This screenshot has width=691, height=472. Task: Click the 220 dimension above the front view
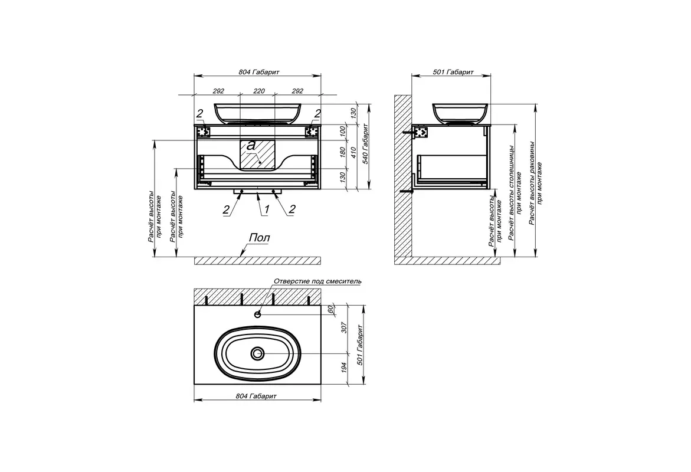(259, 91)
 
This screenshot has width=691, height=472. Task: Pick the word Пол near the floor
(259, 238)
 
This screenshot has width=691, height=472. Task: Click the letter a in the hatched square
(251, 145)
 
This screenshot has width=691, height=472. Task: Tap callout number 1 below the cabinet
(266, 210)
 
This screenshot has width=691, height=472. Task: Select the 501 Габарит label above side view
(453, 72)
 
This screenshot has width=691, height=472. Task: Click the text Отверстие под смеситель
(317, 281)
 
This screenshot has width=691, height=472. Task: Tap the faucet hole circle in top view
(258, 314)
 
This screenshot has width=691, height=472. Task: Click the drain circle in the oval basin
(258, 353)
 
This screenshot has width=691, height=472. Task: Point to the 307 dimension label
(345, 327)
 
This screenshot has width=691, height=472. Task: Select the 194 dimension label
(345, 368)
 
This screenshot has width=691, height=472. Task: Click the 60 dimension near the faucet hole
(330, 309)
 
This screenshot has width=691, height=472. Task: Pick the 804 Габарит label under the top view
(256, 396)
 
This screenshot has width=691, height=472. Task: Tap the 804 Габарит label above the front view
(259, 72)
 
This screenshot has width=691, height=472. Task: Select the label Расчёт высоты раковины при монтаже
(536, 183)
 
